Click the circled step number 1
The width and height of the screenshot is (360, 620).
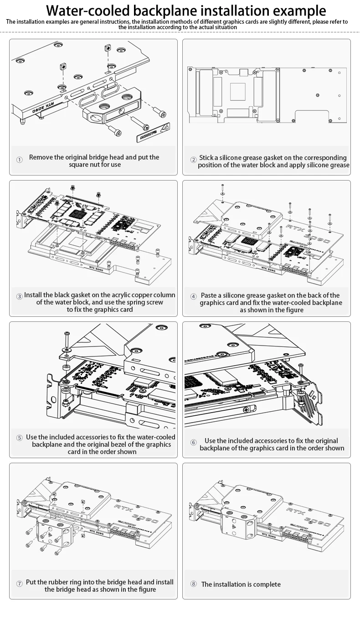[x=19, y=160]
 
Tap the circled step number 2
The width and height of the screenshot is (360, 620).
[x=193, y=160]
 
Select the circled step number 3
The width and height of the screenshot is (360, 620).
[x=19, y=296]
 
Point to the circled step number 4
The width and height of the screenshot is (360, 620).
[x=193, y=296]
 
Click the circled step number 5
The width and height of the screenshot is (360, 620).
[x=19, y=438]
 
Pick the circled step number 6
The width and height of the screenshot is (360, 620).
[x=193, y=442]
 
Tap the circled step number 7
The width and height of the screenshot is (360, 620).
[x=19, y=584]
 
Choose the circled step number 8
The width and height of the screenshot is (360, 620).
[x=193, y=584]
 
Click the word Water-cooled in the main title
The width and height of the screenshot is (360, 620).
[x=87, y=10]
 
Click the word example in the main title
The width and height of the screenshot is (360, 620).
[x=298, y=10]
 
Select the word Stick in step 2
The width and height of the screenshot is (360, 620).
[x=208, y=157]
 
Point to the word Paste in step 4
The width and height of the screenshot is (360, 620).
[x=209, y=295]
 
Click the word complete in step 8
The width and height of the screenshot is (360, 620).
[x=265, y=584]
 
